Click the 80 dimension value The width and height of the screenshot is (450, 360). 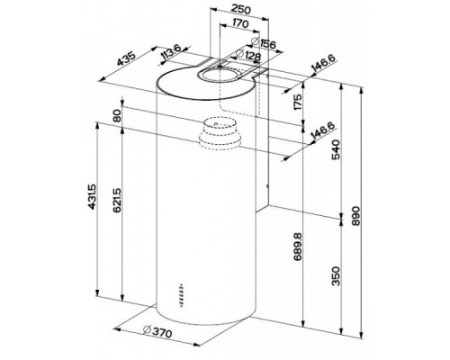(117, 118)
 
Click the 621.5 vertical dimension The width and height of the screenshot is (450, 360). (117, 212)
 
